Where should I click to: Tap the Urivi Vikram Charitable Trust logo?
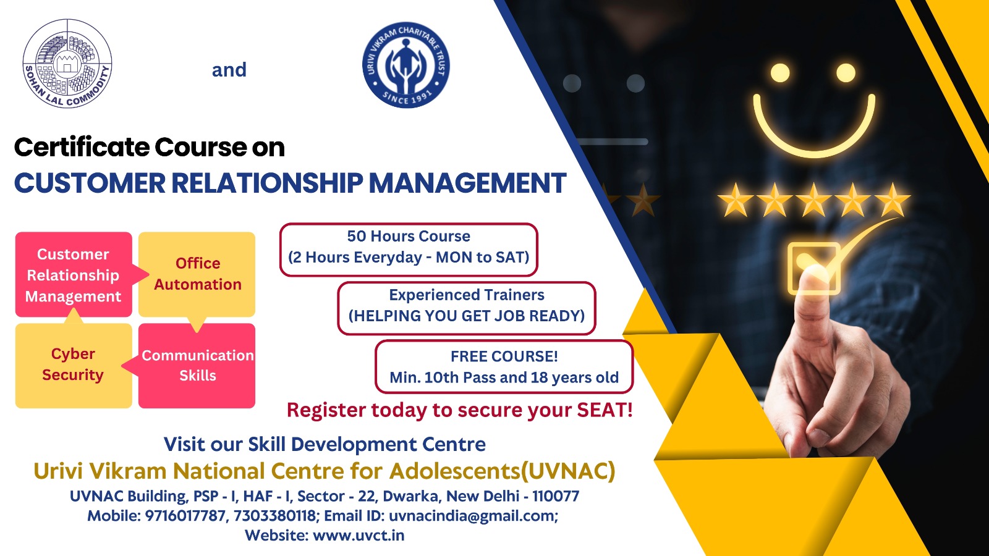coord(406,64)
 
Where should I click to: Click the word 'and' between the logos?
coord(229,70)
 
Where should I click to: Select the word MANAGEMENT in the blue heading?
coord(467,183)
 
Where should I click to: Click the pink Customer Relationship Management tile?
coord(74,274)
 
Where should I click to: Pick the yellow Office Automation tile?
coord(197,274)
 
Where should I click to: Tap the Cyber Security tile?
coord(74,365)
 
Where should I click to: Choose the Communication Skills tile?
coord(197,365)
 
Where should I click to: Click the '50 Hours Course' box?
coord(409,250)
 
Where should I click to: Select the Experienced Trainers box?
coord(467,308)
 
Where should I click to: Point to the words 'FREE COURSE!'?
coord(504,356)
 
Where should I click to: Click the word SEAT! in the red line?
coord(605,410)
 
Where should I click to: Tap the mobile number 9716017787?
coord(185,515)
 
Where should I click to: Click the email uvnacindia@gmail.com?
coord(473,515)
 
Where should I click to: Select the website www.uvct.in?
coord(359,535)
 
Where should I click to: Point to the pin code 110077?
coord(556,496)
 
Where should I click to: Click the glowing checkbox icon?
coord(813,268)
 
